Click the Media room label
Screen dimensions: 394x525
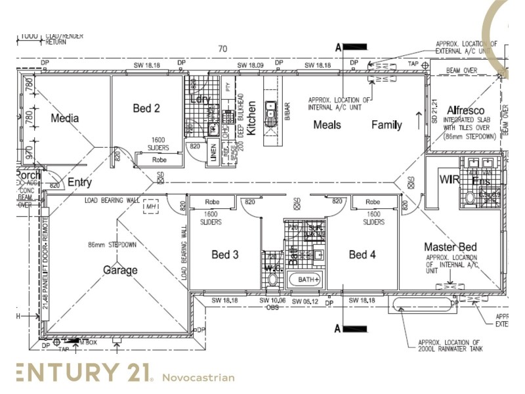pos(64,119)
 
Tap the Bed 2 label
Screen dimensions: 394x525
pos(146,108)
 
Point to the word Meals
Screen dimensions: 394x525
pos(327,125)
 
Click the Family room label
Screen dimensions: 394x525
pos(387,125)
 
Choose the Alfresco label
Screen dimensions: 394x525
pos(465,110)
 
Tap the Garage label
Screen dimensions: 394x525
pos(121,270)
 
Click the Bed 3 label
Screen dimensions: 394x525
pos(225,254)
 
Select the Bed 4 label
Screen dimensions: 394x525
pos(362,254)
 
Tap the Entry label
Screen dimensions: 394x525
pos(79,183)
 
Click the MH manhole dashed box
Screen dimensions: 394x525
pos(152,206)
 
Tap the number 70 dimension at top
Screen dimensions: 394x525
pos(223,49)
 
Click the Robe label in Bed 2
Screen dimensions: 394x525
pos(159,160)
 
